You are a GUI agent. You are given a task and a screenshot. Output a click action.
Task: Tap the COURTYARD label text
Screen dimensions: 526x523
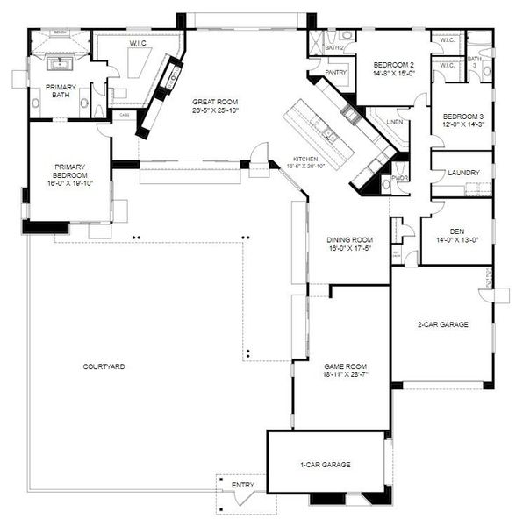point(104,366)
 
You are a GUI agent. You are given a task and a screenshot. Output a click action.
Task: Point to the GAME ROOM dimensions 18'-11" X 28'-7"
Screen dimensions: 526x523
point(344,374)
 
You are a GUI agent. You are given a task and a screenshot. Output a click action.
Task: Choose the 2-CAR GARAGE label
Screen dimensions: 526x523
point(441,324)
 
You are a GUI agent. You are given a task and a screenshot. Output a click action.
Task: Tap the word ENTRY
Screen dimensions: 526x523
point(243,485)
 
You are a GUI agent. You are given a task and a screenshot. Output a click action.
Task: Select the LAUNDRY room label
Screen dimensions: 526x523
point(462,173)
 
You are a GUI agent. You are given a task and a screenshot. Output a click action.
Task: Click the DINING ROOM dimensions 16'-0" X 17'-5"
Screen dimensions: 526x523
point(350,248)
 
